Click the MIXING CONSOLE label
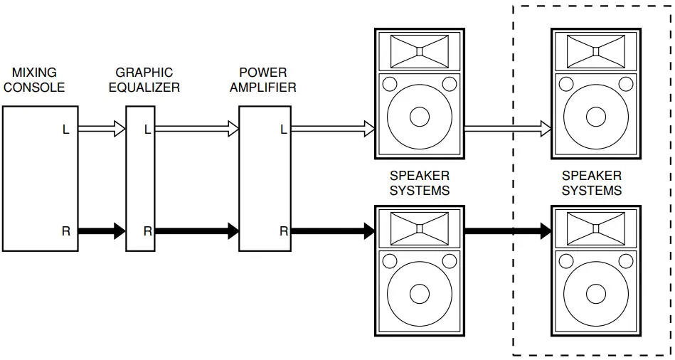click(x=34, y=80)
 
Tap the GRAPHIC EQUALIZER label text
click(x=144, y=80)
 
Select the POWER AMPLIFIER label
click(x=262, y=80)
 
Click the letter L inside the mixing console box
click(x=65, y=129)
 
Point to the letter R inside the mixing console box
click(x=65, y=231)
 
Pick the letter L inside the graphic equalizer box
click(x=147, y=129)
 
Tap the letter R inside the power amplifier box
click(x=283, y=231)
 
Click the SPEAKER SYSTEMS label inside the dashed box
click(x=592, y=183)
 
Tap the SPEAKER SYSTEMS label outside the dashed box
click(x=420, y=183)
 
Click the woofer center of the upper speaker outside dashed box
click(x=420, y=117)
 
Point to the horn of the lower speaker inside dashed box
click(x=596, y=228)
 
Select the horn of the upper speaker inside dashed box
click(x=596, y=51)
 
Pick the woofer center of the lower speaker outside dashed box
click(x=420, y=294)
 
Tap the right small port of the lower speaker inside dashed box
click(x=626, y=262)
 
